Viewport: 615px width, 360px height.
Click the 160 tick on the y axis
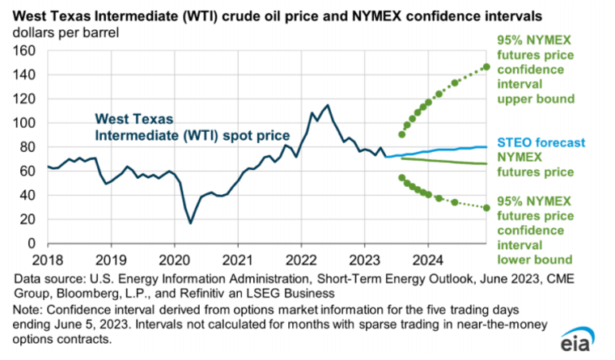click(24, 51)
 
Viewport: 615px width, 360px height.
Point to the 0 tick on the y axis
click(31, 244)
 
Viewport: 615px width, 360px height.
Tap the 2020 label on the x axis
click(175, 260)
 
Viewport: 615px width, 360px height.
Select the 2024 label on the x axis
click(428, 260)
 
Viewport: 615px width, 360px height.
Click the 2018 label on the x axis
click(48, 260)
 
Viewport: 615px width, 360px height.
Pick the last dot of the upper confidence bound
click(486, 67)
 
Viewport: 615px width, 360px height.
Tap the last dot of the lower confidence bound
click(486, 208)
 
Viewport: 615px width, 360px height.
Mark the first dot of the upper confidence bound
click(401, 134)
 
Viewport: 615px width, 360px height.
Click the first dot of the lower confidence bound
click(401, 178)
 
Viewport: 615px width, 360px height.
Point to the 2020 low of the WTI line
click(191, 223)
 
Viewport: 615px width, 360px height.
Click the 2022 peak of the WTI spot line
click(328, 105)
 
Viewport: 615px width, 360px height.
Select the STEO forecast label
click(541, 142)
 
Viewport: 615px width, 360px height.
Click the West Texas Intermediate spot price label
click(193, 127)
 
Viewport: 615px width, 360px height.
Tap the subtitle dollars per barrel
click(66, 32)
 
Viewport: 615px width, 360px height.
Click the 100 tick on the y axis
click(24, 123)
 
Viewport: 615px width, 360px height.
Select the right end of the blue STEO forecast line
click(486, 147)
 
